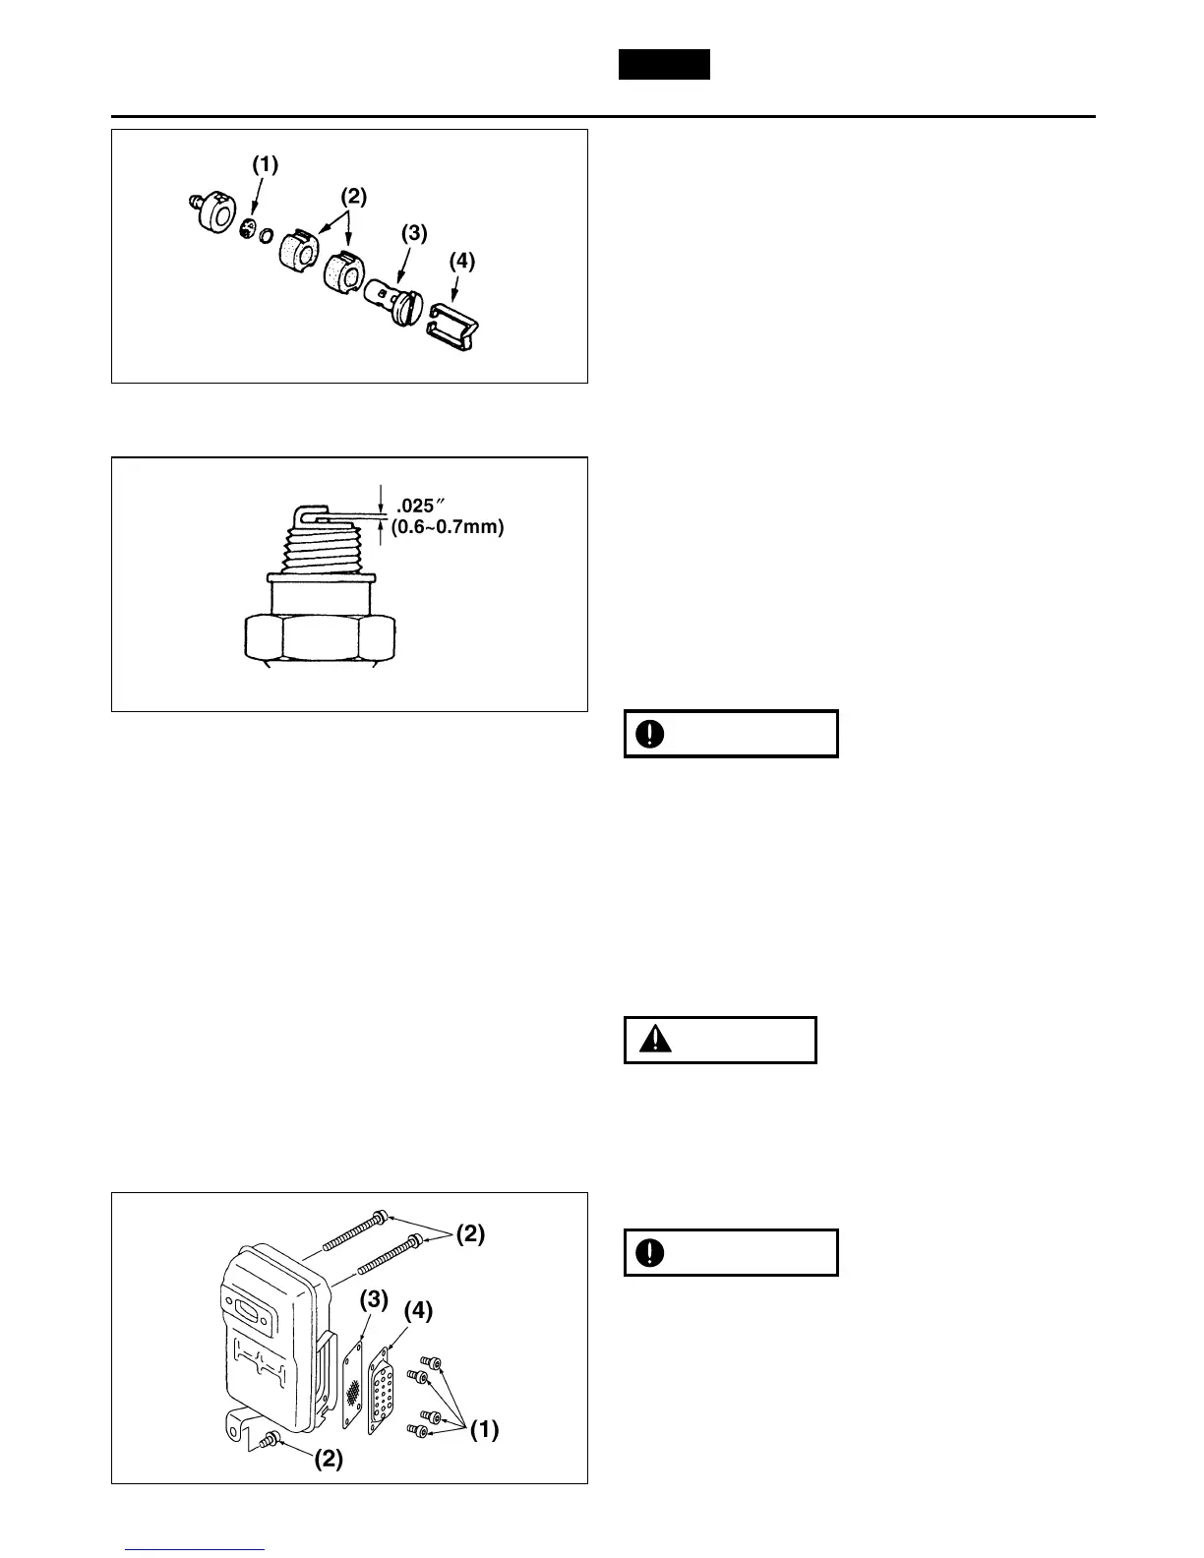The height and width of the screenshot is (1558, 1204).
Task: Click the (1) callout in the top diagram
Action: coord(265,165)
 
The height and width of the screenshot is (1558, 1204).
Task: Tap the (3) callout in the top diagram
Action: coord(414,233)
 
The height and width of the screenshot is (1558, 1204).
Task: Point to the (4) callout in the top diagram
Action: coord(461,262)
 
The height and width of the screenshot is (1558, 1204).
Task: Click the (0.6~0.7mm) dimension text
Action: coord(448,528)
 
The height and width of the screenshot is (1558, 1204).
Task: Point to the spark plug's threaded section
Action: coord(320,551)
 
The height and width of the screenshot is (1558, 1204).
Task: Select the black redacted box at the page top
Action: coord(664,65)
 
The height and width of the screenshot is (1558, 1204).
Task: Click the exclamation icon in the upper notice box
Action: coord(650,734)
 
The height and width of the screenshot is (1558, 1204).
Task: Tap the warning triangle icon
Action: coord(655,1040)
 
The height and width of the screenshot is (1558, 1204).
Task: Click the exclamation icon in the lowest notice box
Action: coord(650,1253)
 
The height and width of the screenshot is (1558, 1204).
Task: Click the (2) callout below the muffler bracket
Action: coord(328,1460)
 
